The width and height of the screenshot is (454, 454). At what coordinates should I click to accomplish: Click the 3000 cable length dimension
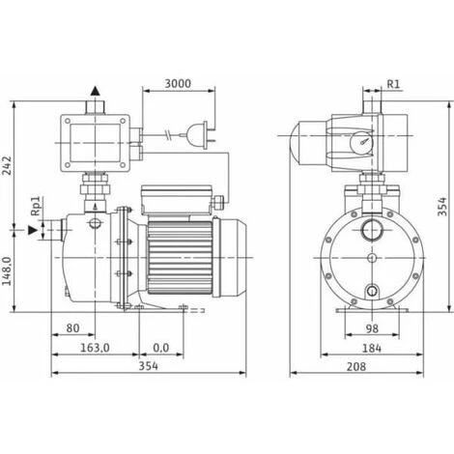tap(178, 84)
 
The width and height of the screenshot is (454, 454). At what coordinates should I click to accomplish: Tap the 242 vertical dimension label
tap(7, 165)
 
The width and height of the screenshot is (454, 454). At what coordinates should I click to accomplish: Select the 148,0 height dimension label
tap(7, 271)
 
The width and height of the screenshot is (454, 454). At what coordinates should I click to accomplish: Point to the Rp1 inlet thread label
tap(36, 206)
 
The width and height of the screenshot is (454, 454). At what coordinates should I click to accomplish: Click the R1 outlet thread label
tap(393, 84)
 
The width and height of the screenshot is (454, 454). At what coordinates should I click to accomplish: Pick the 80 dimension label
tap(72, 328)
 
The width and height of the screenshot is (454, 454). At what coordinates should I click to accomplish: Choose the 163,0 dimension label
tap(95, 348)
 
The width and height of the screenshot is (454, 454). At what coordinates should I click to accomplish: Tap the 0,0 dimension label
tap(161, 348)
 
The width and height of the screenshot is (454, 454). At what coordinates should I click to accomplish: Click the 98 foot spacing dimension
tap(372, 328)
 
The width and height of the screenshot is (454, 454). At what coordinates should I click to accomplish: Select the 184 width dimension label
tap(372, 348)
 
